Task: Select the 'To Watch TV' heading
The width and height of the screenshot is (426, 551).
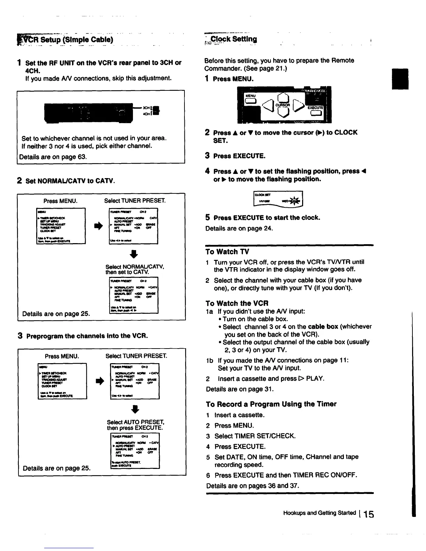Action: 227,251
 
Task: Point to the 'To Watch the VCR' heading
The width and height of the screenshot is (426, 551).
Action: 237,303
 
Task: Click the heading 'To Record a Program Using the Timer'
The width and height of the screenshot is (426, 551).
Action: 271,404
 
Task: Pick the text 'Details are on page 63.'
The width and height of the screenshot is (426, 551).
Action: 53,157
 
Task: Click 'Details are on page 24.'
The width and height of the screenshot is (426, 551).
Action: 239,228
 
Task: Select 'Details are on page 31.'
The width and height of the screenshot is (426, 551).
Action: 240,389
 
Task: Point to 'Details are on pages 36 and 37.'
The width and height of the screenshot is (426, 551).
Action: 253,485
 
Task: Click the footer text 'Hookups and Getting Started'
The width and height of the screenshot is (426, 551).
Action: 319,513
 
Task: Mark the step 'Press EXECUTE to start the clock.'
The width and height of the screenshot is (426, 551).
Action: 267,218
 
